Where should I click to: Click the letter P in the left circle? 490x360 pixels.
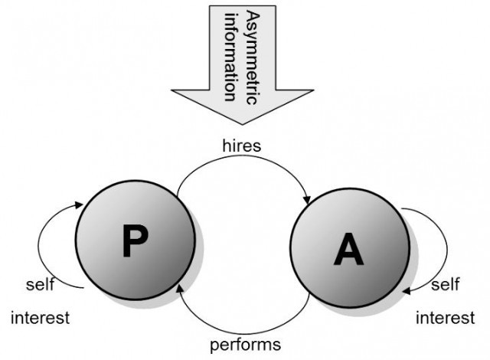pos(135,241)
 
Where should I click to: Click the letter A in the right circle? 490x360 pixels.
pos(349,248)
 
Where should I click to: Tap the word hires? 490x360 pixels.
pos(242,146)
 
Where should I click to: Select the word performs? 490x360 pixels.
pos(245,345)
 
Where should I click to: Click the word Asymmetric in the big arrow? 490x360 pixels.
pos(253,57)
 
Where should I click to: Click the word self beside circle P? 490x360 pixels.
pos(40,284)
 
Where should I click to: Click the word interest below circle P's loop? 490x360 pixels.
pos(40,318)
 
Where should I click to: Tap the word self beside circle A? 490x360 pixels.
pos(446,284)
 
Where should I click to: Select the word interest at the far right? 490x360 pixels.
pos(446,318)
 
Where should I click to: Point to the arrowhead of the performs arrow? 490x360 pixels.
pos(180,288)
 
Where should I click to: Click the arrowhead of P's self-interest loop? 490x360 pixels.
pos(79,205)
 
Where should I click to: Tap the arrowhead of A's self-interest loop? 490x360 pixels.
pos(407,291)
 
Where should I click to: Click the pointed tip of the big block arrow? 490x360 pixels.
pos(242,124)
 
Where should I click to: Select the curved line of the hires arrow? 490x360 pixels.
pos(242,157)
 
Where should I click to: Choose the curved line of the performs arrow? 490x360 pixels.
pos(243,334)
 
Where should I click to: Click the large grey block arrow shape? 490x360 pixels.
pos(242,63)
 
